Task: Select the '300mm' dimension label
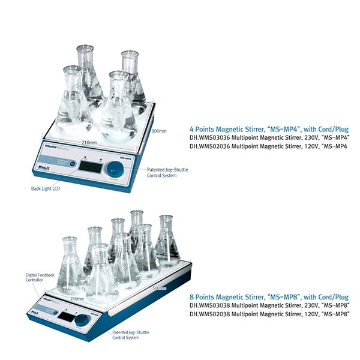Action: click(x=159, y=131)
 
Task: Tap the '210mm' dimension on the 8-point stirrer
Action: click(x=77, y=298)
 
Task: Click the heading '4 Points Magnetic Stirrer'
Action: click(x=269, y=129)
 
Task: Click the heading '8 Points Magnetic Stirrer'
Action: click(x=269, y=297)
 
